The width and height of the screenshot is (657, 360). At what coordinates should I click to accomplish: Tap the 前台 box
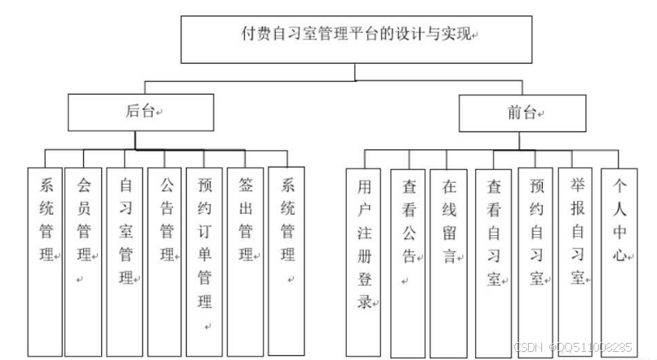click(x=522, y=112)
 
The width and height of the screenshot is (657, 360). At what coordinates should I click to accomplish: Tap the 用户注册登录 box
click(x=364, y=261)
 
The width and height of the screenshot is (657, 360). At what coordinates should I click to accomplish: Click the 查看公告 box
click(x=408, y=261)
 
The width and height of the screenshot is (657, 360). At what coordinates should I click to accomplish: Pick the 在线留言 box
click(x=449, y=261)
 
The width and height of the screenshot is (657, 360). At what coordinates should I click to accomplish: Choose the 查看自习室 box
click(x=494, y=261)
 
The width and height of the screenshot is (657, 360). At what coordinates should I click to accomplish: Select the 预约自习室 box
click(x=536, y=261)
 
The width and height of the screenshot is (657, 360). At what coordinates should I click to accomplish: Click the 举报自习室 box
click(x=578, y=261)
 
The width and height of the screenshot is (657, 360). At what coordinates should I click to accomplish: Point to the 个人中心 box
click(x=619, y=261)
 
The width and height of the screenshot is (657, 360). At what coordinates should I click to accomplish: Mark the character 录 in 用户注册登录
click(x=364, y=300)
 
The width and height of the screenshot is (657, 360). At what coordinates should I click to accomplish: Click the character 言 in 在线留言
click(x=449, y=255)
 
